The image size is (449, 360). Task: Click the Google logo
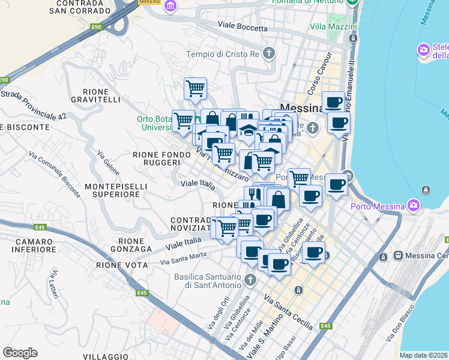[x=20, y=353]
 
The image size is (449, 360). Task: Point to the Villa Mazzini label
[x=333, y=27]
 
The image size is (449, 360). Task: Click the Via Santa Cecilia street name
[x=289, y=313]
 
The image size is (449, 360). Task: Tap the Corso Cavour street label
[x=319, y=81]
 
